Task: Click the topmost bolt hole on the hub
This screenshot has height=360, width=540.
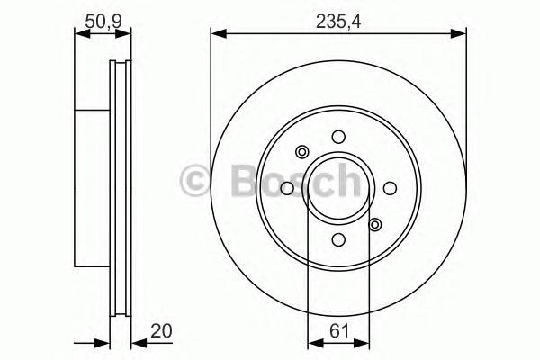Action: [x=338, y=137]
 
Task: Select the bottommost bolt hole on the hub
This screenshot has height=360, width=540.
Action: [x=338, y=239]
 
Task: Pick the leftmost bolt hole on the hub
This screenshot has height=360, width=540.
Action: [x=287, y=188]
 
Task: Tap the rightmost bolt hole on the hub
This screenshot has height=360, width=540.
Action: [x=390, y=188]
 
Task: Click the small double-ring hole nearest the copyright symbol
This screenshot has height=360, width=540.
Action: [x=302, y=152]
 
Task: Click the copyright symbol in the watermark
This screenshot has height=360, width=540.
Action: [x=196, y=180]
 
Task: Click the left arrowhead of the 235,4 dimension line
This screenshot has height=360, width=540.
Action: [x=217, y=34]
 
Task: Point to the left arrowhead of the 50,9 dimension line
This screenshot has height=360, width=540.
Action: [x=79, y=34]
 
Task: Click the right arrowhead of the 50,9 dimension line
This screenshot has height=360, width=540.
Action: [x=126, y=34]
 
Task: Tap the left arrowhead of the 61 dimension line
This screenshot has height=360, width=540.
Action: [x=312, y=342]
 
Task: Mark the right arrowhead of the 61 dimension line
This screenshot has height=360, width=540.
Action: [x=364, y=342]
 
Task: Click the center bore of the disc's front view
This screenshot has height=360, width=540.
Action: [x=338, y=188]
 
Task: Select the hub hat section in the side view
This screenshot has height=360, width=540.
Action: [x=91, y=188]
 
